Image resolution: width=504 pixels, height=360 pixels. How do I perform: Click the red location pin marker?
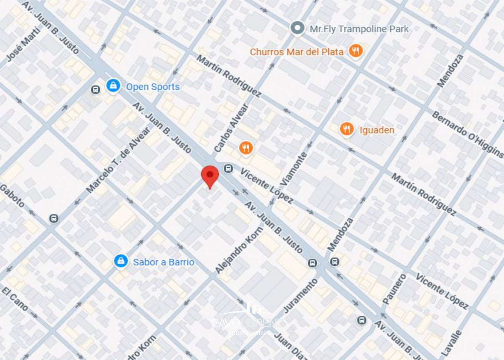(210, 176)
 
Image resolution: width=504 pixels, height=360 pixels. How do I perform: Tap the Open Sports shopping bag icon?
(113, 86)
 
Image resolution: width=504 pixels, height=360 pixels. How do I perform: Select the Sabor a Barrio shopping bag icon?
(121, 261)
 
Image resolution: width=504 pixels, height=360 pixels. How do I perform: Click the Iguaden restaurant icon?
(346, 129)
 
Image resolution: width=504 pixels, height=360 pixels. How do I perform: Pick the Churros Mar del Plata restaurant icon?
(355, 50)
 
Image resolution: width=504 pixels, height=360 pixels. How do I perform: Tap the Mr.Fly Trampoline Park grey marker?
(297, 28)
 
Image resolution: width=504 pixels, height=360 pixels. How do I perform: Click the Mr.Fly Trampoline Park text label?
(359, 29)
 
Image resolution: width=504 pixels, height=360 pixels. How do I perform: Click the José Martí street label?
(23, 44)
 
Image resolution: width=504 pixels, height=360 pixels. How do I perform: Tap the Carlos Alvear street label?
(231, 128)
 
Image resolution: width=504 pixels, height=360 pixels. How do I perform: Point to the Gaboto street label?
(12, 196)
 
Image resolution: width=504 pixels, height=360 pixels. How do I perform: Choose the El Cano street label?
(14, 299)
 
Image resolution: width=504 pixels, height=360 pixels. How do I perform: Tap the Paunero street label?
(394, 289)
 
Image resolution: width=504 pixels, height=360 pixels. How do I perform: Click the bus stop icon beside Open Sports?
(95, 90)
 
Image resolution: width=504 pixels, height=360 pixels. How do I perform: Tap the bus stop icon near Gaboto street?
(54, 218)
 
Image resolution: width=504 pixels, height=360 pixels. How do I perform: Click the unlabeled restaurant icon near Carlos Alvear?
(246, 148)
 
